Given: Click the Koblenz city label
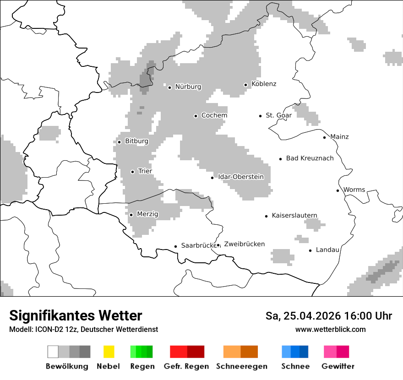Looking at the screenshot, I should click(x=264, y=84).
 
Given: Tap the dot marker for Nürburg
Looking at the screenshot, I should click(x=169, y=87).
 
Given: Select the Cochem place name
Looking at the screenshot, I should click(x=214, y=115).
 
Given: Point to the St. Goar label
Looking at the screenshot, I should click(x=278, y=115).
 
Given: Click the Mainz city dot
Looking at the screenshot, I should click(x=324, y=137).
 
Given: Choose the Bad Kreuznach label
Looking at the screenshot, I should click(x=310, y=158).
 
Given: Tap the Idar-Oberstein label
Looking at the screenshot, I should click(x=241, y=177).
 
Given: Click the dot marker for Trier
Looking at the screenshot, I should click(x=132, y=172).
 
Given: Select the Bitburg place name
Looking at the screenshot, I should click(x=136, y=141).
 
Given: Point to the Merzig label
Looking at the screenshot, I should click(x=147, y=214).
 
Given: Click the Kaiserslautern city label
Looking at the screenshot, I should click(x=294, y=215).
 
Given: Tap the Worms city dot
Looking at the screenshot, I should click(x=338, y=190).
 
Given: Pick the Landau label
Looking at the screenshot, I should click(x=327, y=250).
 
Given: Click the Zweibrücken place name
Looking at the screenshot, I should click(x=244, y=244).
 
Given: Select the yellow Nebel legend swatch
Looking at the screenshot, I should click(x=109, y=352).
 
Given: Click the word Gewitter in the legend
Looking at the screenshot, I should click(x=338, y=366).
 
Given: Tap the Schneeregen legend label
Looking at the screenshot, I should click(x=241, y=366).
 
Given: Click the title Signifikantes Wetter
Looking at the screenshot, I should click(x=76, y=316).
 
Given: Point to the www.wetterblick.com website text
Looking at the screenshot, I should click(x=330, y=330).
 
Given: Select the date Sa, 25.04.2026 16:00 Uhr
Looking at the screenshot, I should click(x=328, y=316).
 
